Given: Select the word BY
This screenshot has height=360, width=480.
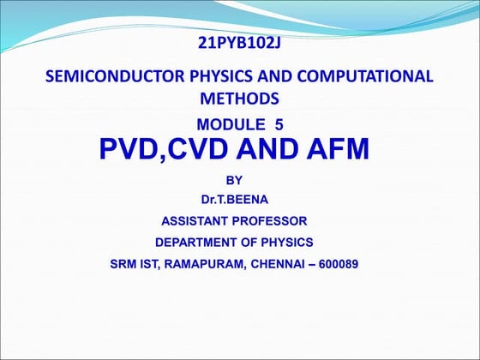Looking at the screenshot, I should pyautogui.click(x=233, y=180).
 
